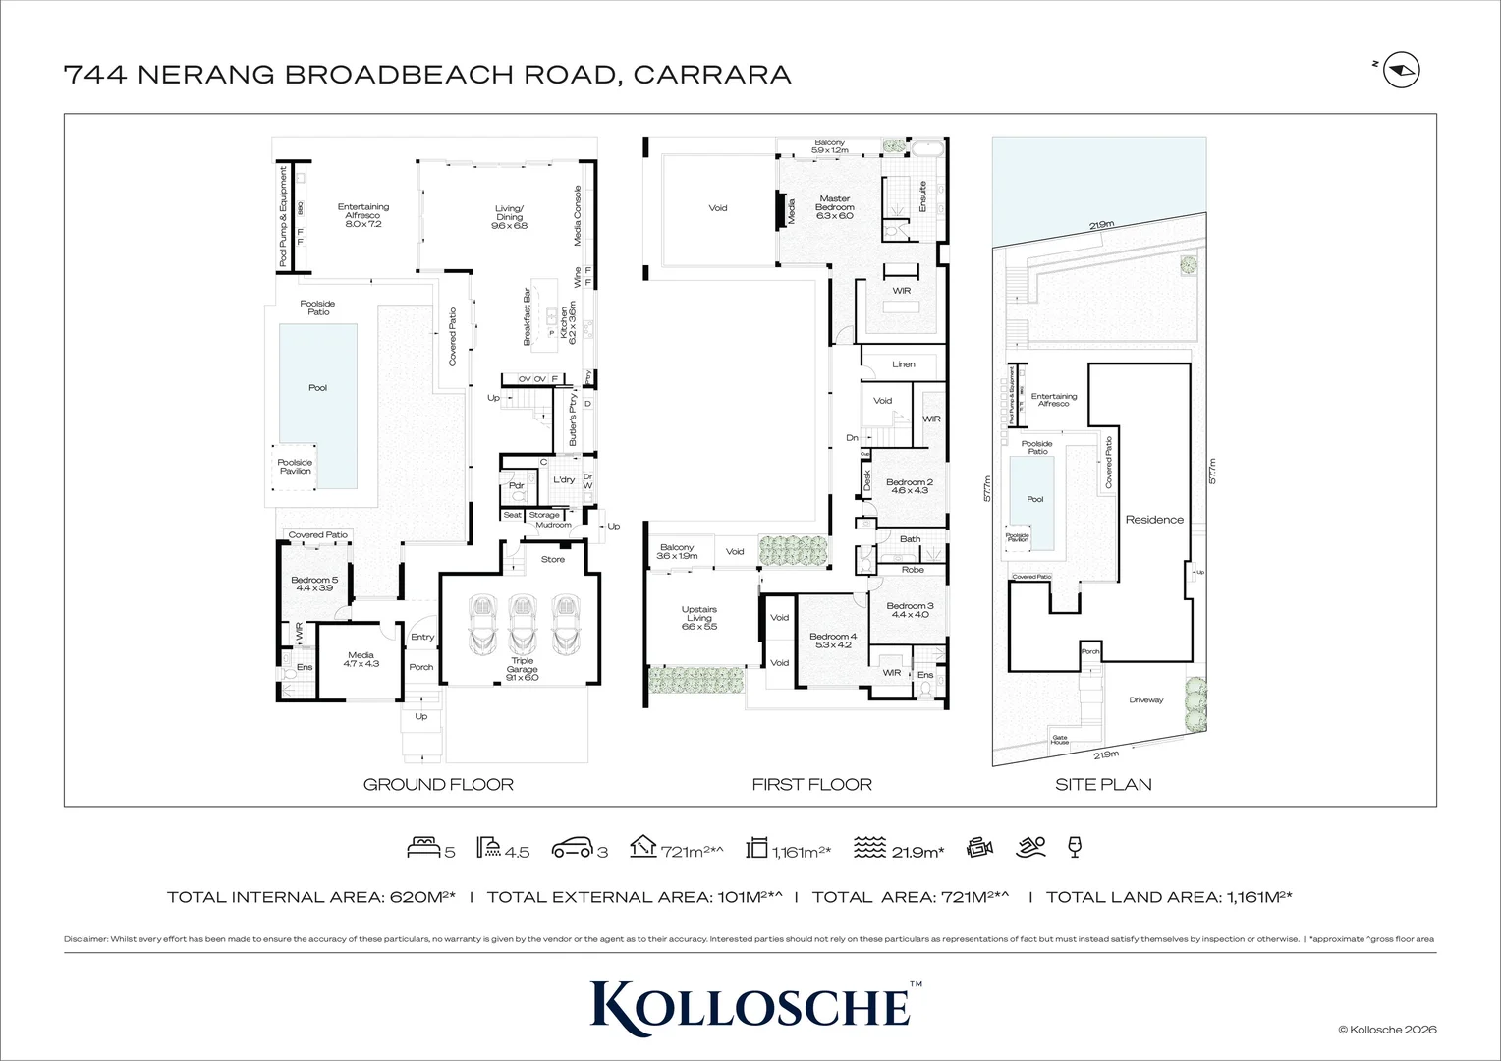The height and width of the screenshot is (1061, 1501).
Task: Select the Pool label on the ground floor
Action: (317, 388)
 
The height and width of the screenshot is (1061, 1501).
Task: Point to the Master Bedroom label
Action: (834, 203)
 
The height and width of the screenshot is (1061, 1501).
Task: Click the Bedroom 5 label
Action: (314, 585)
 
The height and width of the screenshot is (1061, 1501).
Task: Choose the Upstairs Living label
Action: (699, 617)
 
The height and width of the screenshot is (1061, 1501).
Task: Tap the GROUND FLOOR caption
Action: (438, 784)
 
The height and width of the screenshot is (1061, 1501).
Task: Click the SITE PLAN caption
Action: (1103, 784)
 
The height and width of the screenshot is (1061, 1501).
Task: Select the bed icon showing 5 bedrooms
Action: (423, 847)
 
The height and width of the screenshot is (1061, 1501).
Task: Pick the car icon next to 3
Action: (572, 848)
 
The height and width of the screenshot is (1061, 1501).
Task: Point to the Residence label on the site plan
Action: (1154, 520)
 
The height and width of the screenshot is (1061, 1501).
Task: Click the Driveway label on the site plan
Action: (1145, 700)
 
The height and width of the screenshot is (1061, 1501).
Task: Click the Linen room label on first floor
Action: (904, 364)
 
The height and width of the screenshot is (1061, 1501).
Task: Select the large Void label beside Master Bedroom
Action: (718, 208)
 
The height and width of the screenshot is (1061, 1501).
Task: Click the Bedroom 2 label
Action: (909, 486)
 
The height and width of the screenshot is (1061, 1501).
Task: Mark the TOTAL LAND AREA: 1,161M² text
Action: (1168, 897)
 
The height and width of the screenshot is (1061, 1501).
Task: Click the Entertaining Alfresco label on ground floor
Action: (363, 215)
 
